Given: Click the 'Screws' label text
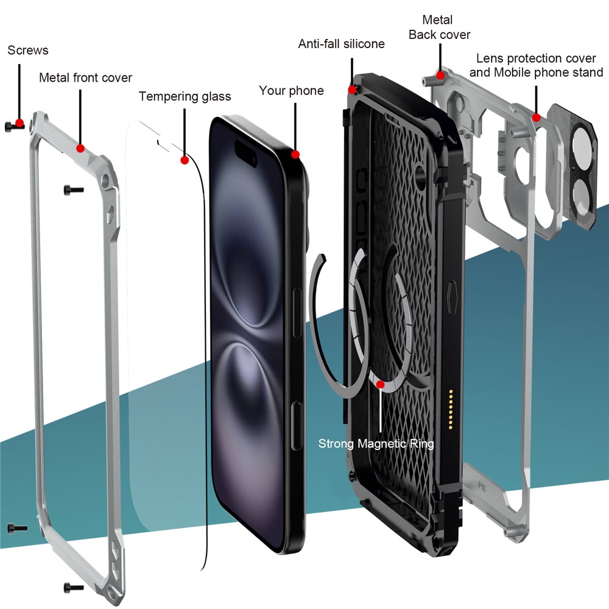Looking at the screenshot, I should click(x=28, y=50).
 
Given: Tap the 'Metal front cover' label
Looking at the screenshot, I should click(x=85, y=78).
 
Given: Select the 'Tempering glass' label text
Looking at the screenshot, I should click(x=185, y=96).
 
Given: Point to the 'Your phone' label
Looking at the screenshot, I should click(x=291, y=91).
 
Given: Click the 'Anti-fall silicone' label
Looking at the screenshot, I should click(x=341, y=44).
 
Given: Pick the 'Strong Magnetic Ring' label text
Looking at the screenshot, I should click(x=376, y=443).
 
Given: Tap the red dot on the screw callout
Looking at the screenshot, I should click(x=19, y=124).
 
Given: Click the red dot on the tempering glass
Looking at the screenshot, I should click(x=184, y=160).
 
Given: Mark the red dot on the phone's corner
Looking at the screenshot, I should click(x=295, y=154).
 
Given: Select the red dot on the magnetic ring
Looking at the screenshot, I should click(x=381, y=384).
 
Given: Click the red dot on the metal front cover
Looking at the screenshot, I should click(x=80, y=148).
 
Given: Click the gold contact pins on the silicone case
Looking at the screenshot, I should click(x=451, y=409).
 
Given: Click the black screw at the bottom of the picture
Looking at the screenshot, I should click(x=73, y=587).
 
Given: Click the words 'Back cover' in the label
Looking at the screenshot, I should click(x=439, y=35).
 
